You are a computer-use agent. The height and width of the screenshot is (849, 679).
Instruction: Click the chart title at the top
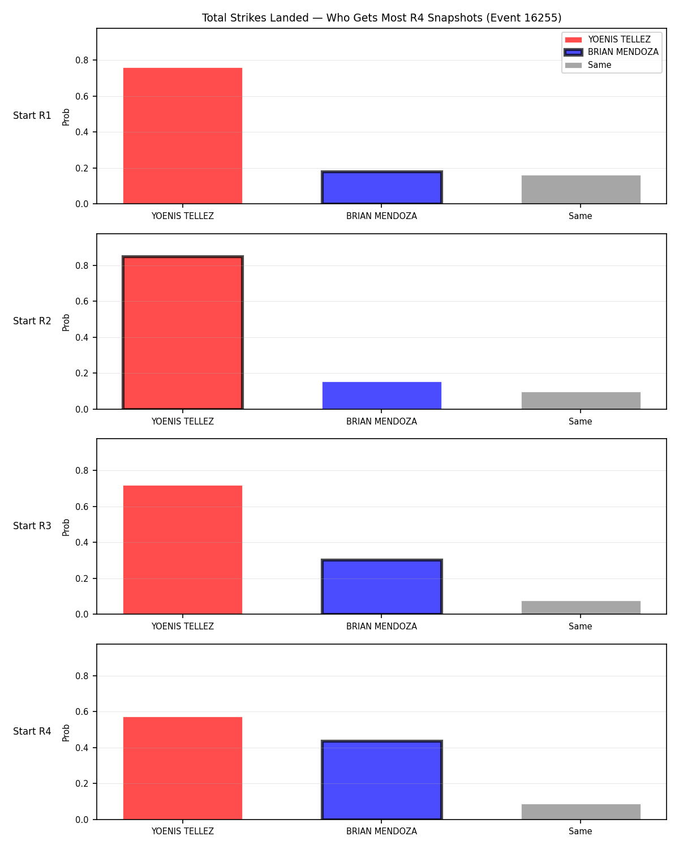[381, 18]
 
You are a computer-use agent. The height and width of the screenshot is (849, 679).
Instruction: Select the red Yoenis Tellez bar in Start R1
[183, 136]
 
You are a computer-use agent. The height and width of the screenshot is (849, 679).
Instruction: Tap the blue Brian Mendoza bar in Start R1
[381, 187]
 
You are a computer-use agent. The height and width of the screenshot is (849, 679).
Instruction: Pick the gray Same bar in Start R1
[581, 190]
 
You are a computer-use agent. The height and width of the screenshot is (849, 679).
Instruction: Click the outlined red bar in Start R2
[183, 333]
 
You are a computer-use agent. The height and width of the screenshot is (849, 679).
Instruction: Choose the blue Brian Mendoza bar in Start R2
[381, 395]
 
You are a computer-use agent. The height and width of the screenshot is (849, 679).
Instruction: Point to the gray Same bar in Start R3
[581, 607]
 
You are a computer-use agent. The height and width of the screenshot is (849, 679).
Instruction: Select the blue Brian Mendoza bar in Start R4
[381, 780]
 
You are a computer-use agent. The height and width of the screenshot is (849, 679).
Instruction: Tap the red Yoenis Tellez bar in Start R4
[183, 768]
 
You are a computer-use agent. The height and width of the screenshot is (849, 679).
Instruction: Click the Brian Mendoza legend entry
[611, 52]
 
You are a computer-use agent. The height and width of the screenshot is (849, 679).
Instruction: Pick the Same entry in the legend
[588, 65]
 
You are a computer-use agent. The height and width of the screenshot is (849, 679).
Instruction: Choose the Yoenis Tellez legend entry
[608, 40]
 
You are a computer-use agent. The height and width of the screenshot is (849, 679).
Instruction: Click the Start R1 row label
[32, 115]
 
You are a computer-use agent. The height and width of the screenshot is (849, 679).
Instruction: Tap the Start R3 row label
[32, 526]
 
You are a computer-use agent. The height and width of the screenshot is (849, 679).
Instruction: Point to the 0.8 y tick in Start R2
[81, 265]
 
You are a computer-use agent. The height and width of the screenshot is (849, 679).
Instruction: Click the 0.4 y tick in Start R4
[81, 748]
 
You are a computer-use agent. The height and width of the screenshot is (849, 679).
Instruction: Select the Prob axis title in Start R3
[66, 528]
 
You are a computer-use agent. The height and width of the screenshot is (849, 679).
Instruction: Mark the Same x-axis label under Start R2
[580, 421]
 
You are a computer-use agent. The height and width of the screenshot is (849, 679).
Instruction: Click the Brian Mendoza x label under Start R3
[381, 627]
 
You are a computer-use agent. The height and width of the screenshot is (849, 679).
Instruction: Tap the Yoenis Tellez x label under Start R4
[183, 831]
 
